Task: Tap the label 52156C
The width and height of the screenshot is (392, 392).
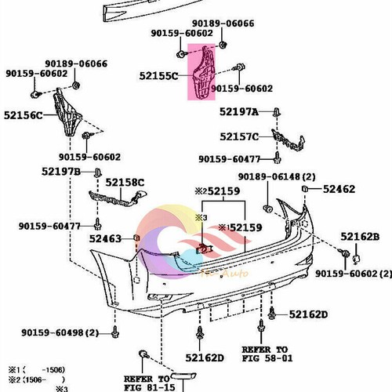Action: click(27, 115)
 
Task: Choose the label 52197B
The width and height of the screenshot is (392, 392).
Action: click(61, 172)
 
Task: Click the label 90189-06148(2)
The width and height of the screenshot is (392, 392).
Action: click(277, 176)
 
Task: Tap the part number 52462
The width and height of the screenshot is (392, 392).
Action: click(339, 189)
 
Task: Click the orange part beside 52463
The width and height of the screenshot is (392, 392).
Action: click(137, 235)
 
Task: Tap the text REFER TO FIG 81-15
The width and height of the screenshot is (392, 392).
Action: click(146, 381)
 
